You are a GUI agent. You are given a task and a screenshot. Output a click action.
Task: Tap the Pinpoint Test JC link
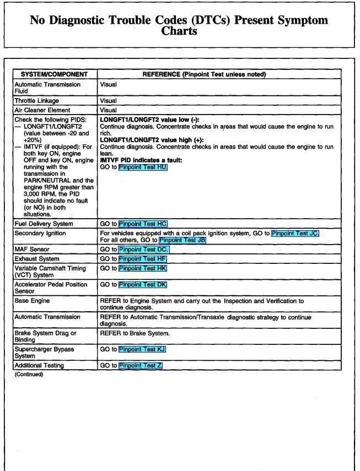(295, 232)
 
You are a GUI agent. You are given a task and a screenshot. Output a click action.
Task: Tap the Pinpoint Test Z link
(140, 365)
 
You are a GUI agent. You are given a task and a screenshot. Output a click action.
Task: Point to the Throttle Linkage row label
(36, 101)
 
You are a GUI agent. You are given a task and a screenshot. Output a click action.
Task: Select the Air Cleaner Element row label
(42, 110)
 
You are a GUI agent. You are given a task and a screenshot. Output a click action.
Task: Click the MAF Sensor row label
(31, 250)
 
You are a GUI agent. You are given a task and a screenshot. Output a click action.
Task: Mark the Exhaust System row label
(37, 258)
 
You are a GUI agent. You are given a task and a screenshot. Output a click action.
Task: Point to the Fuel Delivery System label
(44, 224)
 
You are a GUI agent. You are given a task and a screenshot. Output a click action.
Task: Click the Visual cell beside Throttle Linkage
(108, 101)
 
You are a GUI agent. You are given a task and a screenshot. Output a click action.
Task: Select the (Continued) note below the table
(29, 375)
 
